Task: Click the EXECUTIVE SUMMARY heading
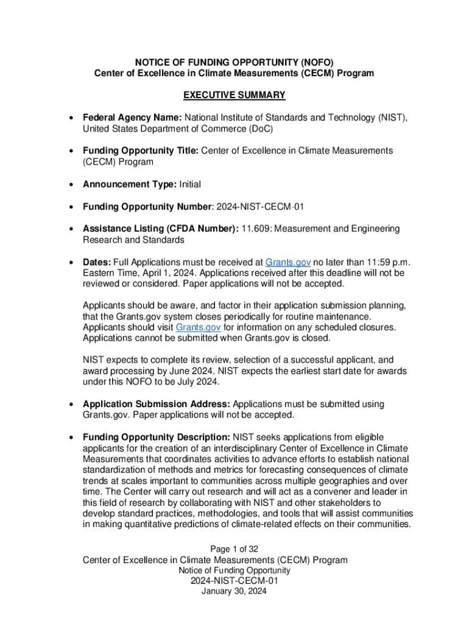pyautogui.click(x=234, y=95)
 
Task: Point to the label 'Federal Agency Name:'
pyautogui.click(x=132, y=118)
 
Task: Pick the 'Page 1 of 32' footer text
pyautogui.click(x=234, y=549)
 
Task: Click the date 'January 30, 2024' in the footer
pyautogui.click(x=234, y=591)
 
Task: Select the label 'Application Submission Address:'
pyautogui.click(x=157, y=404)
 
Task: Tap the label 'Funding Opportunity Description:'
pyautogui.click(x=156, y=437)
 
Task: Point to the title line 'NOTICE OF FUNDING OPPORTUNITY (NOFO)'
pyautogui.click(x=234, y=62)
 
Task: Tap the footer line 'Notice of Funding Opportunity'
pyautogui.click(x=234, y=570)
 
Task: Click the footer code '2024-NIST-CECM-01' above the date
pyautogui.click(x=234, y=581)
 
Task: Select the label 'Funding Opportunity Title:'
pyautogui.click(x=140, y=151)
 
